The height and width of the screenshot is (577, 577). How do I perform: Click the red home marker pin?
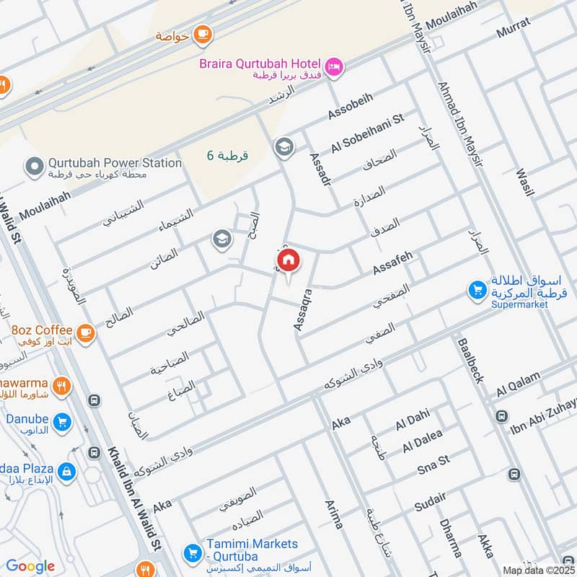tap(288, 261)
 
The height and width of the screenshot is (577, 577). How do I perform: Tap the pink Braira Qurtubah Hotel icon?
tap(334, 67)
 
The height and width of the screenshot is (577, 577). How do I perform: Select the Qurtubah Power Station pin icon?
tap(34, 168)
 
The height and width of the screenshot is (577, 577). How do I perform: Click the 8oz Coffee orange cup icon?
tap(86, 332)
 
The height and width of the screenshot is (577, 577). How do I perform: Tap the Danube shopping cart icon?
tap(62, 422)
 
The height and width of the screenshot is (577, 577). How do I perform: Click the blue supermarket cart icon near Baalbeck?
tap(477, 290)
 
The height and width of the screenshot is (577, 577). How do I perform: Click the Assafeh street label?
tap(393, 263)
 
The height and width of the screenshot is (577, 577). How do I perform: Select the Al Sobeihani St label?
tap(368, 133)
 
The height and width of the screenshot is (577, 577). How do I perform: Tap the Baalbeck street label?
tap(468, 361)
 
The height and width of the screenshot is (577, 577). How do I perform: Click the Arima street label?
tap(334, 514)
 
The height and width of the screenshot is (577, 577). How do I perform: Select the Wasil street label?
tap(525, 182)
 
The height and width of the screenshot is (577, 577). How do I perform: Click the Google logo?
tap(30, 566)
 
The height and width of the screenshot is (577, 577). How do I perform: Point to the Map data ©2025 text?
tap(537, 570)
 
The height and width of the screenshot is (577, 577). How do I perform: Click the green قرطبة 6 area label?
tap(226, 156)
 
